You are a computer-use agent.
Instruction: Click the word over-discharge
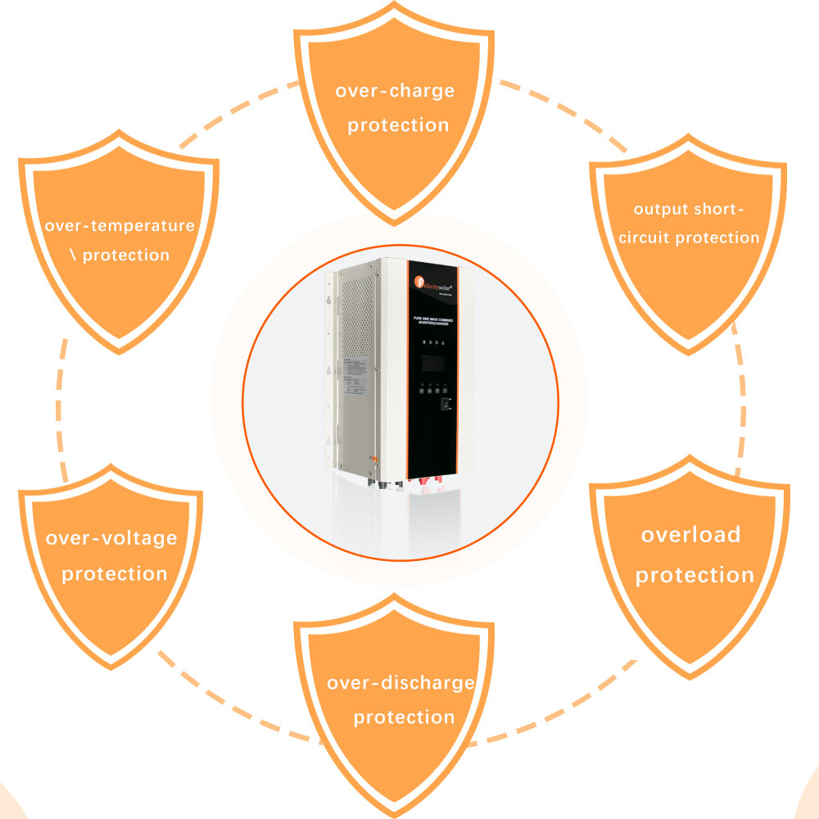tap(400, 682)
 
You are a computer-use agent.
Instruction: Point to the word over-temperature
tap(120, 225)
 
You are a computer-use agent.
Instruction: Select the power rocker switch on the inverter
tap(446, 404)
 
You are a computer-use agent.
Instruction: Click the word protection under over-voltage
tap(115, 574)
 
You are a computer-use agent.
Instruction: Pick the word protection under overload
tap(695, 575)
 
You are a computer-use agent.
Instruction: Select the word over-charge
tap(395, 90)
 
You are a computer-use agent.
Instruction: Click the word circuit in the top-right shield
tap(645, 238)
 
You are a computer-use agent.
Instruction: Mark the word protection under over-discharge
tap(404, 717)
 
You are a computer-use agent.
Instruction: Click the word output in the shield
tap(660, 209)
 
